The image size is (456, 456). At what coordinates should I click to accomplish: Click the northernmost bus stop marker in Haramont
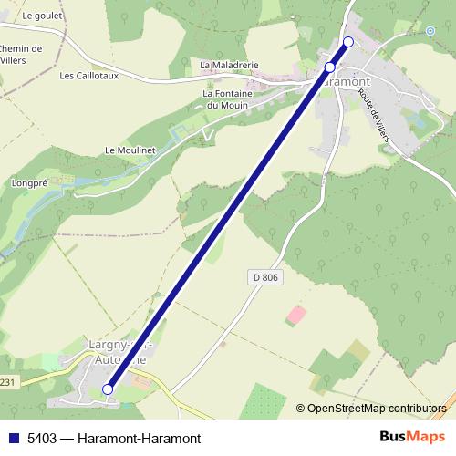click(347, 42)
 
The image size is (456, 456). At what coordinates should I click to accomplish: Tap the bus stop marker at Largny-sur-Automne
click(108, 389)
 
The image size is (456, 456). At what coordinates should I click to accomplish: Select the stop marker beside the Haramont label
click(330, 67)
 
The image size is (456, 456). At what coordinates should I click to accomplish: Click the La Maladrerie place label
click(230, 66)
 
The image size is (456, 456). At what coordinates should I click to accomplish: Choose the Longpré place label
click(28, 182)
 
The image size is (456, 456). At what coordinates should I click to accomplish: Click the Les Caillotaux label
click(88, 76)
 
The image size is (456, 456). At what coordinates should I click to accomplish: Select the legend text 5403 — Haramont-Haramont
click(113, 438)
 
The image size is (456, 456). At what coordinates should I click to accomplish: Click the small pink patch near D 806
click(296, 316)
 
